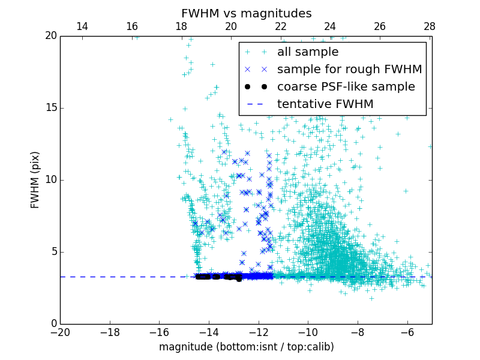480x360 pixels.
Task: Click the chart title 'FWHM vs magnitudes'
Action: pyautogui.click(x=246, y=13)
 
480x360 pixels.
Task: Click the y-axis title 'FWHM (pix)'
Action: pyautogui.click(x=35, y=179)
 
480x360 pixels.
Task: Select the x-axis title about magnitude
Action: pyautogui.click(x=246, y=347)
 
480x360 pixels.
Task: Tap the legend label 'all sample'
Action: pyautogui.click(x=308, y=52)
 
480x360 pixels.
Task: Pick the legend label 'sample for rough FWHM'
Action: pyautogui.click(x=349, y=70)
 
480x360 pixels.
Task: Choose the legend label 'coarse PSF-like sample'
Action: pyautogui.click(x=346, y=87)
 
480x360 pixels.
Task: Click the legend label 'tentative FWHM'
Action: pyautogui.click(x=325, y=104)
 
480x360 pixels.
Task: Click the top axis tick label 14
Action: pyautogui.click(x=82, y=26)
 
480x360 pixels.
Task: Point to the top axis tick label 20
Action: pyautogui.click(x=231, y=26)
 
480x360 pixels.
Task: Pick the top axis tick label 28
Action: pyautogui.click(x=430, y=26)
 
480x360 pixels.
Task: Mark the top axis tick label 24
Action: pyautogui.click(x=330, y=26)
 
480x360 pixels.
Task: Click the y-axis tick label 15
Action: pyautogui.click(x=50, y=108)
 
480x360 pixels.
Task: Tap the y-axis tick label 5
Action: pyautogui.click(x=53, y=252)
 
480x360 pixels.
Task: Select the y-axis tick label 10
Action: pyautogui.click(x=50, y=180)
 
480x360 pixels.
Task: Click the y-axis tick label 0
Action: pyautogui.click(x=53, y=324)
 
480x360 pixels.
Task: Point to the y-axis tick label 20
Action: pyautogui.click(x=50, y=36)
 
